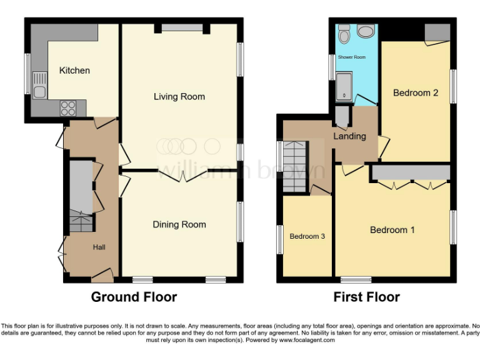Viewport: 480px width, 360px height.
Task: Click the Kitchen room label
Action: [74, 71]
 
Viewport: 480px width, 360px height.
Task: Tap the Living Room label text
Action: [179, 97]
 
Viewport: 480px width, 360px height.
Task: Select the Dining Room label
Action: [179, 224]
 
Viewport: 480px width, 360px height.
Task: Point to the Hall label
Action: [99, 247]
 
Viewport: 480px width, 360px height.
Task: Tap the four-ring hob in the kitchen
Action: [67, 108]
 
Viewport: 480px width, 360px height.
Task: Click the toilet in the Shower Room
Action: [344, 35]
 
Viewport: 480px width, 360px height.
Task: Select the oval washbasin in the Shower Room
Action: [366, 32]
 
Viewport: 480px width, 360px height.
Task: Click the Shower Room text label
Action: [351, 57]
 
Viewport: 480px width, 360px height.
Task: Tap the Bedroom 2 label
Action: [416, 93]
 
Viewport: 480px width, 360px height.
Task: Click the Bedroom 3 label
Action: [307, 236]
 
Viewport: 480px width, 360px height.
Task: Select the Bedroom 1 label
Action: [392, 230]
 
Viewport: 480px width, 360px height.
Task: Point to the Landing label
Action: [349, 136]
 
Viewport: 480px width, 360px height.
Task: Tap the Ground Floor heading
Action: [134, 297]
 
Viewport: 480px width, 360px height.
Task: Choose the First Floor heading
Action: [366, 297]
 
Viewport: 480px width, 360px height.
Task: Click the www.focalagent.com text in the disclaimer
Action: [307, 341]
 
